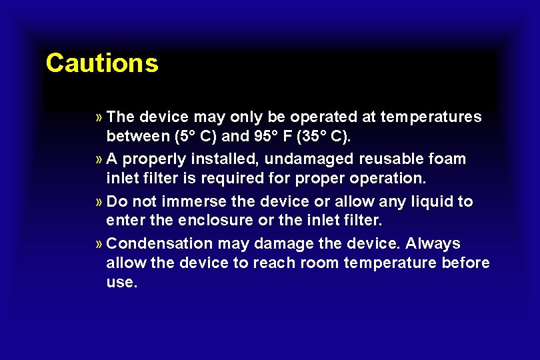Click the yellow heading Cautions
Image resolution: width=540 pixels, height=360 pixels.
click(x=102, y=63)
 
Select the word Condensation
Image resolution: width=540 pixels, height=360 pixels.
click(x=157, y=243)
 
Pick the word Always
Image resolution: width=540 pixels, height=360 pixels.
click(x=433, y=243)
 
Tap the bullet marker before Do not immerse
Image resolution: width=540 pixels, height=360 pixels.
click(x=99, y=201)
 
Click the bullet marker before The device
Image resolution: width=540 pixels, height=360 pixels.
click(x=99, y=117)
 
